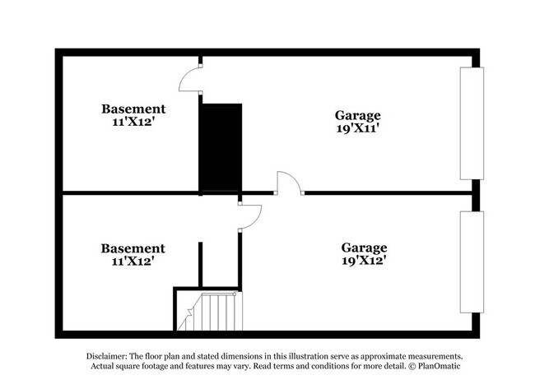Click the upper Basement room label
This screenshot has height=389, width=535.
click(x=133, y=109)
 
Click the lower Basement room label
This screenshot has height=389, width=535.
click(x=133, y=248)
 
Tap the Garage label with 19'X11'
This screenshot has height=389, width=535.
click(x=357, y=115)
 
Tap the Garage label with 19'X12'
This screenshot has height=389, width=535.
click(x=364, y=248)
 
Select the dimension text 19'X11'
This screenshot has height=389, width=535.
click(x=357, y=128)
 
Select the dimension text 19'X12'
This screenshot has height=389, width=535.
click(x=364, y=261)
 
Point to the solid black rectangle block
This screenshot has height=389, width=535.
click(x=221, y=147)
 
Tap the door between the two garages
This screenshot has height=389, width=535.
click(x=289, y=183)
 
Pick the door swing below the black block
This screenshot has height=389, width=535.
click(x=249, y=215)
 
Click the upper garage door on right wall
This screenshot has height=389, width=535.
click(x=471, y=123)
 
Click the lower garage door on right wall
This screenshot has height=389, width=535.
click(x=471, y=262)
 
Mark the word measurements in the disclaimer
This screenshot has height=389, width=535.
click(x=431, y=355)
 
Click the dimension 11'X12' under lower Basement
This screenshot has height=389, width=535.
click(x=133, y=262)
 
